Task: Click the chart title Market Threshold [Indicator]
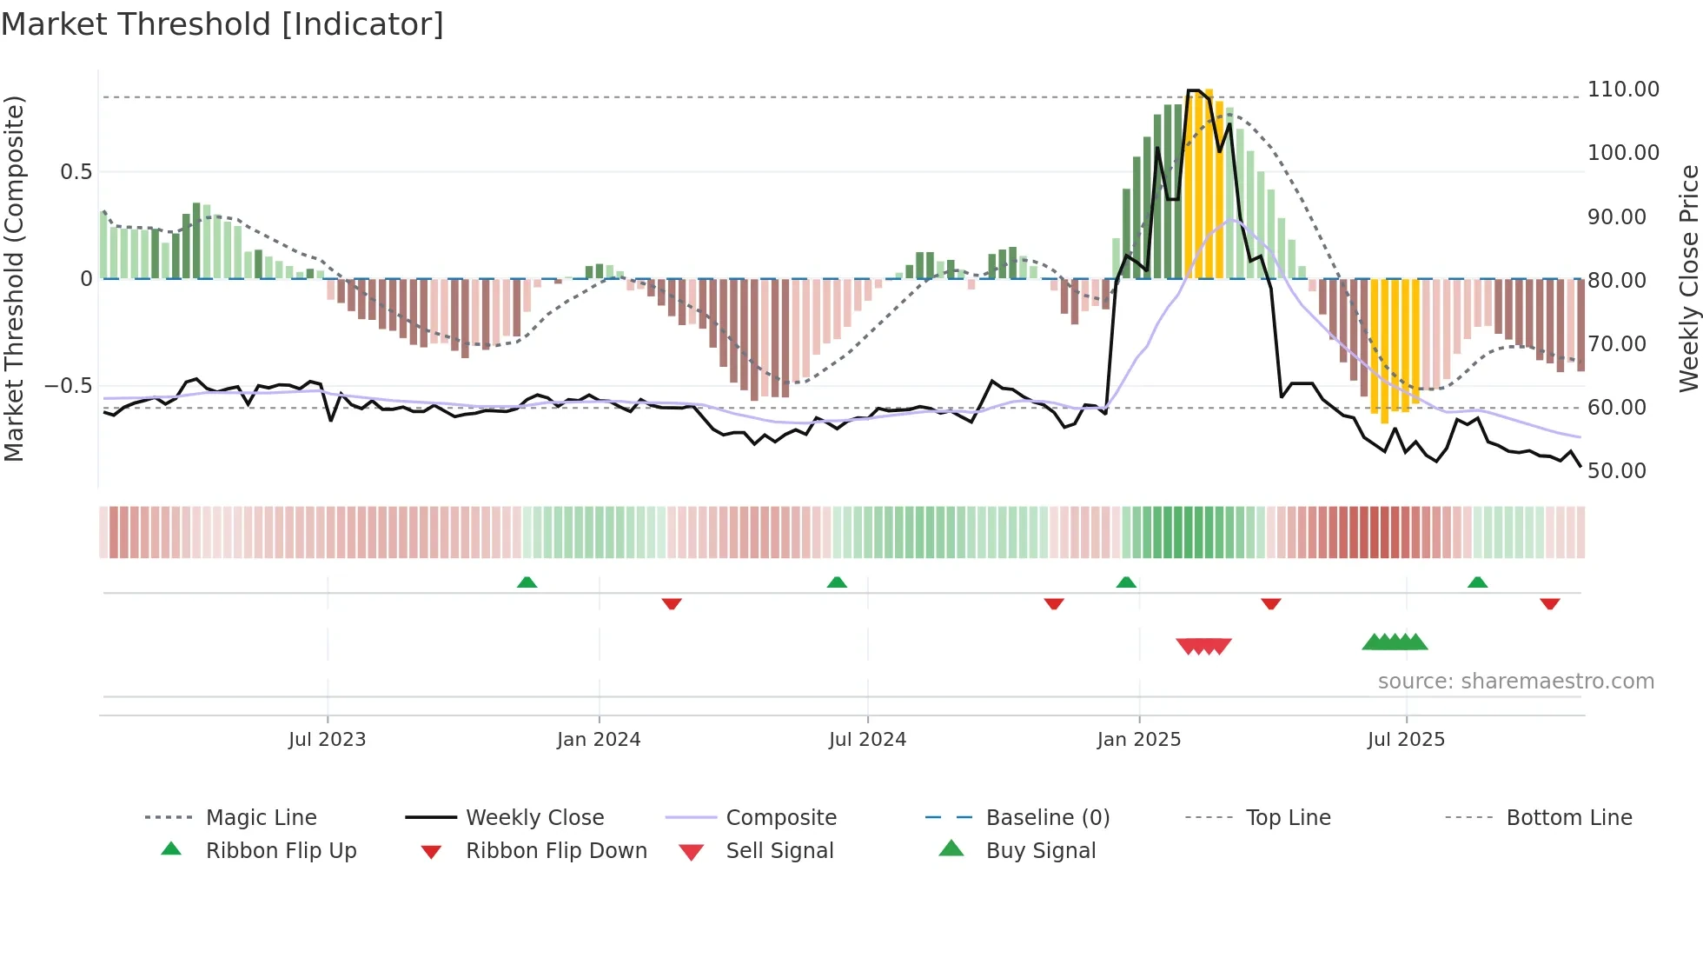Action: click(x=222, y=24)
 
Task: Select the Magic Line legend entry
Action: click(x=261, y=817)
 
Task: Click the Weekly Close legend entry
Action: click(x=534, y=817)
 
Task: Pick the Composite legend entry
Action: click(x=780, y=817)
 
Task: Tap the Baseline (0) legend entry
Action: click(x=1047, y=817)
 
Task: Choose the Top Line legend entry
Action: click(x=1287, y=817)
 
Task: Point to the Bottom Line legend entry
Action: click(x=1568, y=817)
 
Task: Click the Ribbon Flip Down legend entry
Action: click(x=556, y=850)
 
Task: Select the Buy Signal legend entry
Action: click(x=1040, y=850)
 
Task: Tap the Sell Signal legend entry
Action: click(x=779, y=850)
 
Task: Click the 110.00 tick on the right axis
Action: click(x=1622, y=90)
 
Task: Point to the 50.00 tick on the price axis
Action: click(x=1616, y=471)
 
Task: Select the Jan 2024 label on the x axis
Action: click(x=599, y=740)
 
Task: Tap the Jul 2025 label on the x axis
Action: click(x=1406, y=740)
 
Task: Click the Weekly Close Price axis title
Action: click(x=1688, y=278)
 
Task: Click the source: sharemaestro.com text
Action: click(x=1515, y=682)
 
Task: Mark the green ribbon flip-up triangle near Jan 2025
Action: click(x=1126, y=582)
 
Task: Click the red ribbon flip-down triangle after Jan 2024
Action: click(x=671, y=603)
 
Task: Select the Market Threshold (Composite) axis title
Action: click(x=14, y=278)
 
